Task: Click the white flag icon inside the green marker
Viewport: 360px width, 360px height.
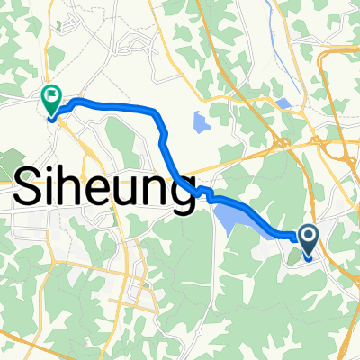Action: [52, 94]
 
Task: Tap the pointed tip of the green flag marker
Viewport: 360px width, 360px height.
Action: [50, 116]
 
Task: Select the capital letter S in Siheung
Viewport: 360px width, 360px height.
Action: [33, 190]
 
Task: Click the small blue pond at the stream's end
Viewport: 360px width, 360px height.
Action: [284, 103]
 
